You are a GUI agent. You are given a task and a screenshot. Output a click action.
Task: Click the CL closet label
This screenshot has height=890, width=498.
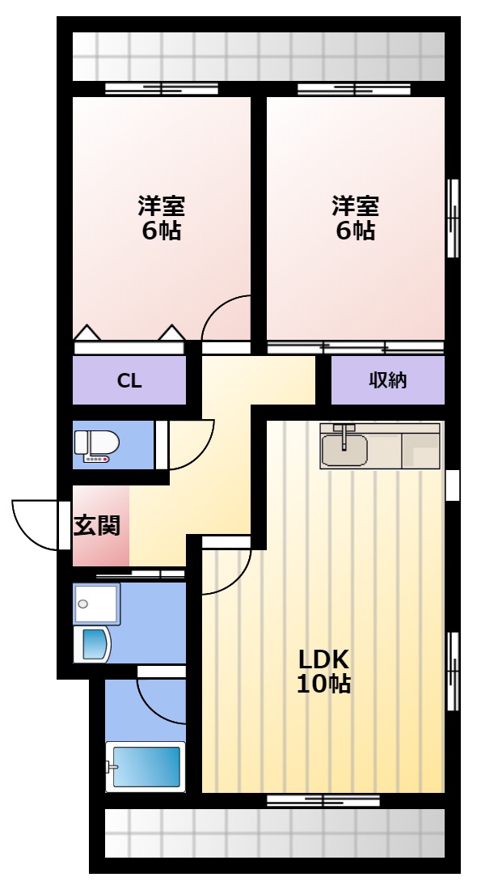tap(129, 381)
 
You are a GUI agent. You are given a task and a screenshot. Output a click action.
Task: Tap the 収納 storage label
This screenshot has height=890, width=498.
tap(388, 379)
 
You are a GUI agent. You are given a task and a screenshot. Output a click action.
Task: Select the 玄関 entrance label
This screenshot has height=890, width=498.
tap(97, 526)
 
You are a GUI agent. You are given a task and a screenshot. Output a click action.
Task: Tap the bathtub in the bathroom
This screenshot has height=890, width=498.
tap(146, 767)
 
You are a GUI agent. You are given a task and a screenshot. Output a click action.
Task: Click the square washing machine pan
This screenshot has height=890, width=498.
tap(96, 604)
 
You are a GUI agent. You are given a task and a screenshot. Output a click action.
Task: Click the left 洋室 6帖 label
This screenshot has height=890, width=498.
tap(162, 218)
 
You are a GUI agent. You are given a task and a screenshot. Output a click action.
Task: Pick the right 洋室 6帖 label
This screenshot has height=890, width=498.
tap(356, 218)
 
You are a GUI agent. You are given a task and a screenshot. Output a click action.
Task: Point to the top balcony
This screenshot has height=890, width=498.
tap(258, 57)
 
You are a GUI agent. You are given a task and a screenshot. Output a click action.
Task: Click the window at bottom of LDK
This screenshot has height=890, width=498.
tap(323, 801)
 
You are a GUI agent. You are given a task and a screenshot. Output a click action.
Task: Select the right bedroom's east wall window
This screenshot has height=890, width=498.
tap(453, 218)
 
